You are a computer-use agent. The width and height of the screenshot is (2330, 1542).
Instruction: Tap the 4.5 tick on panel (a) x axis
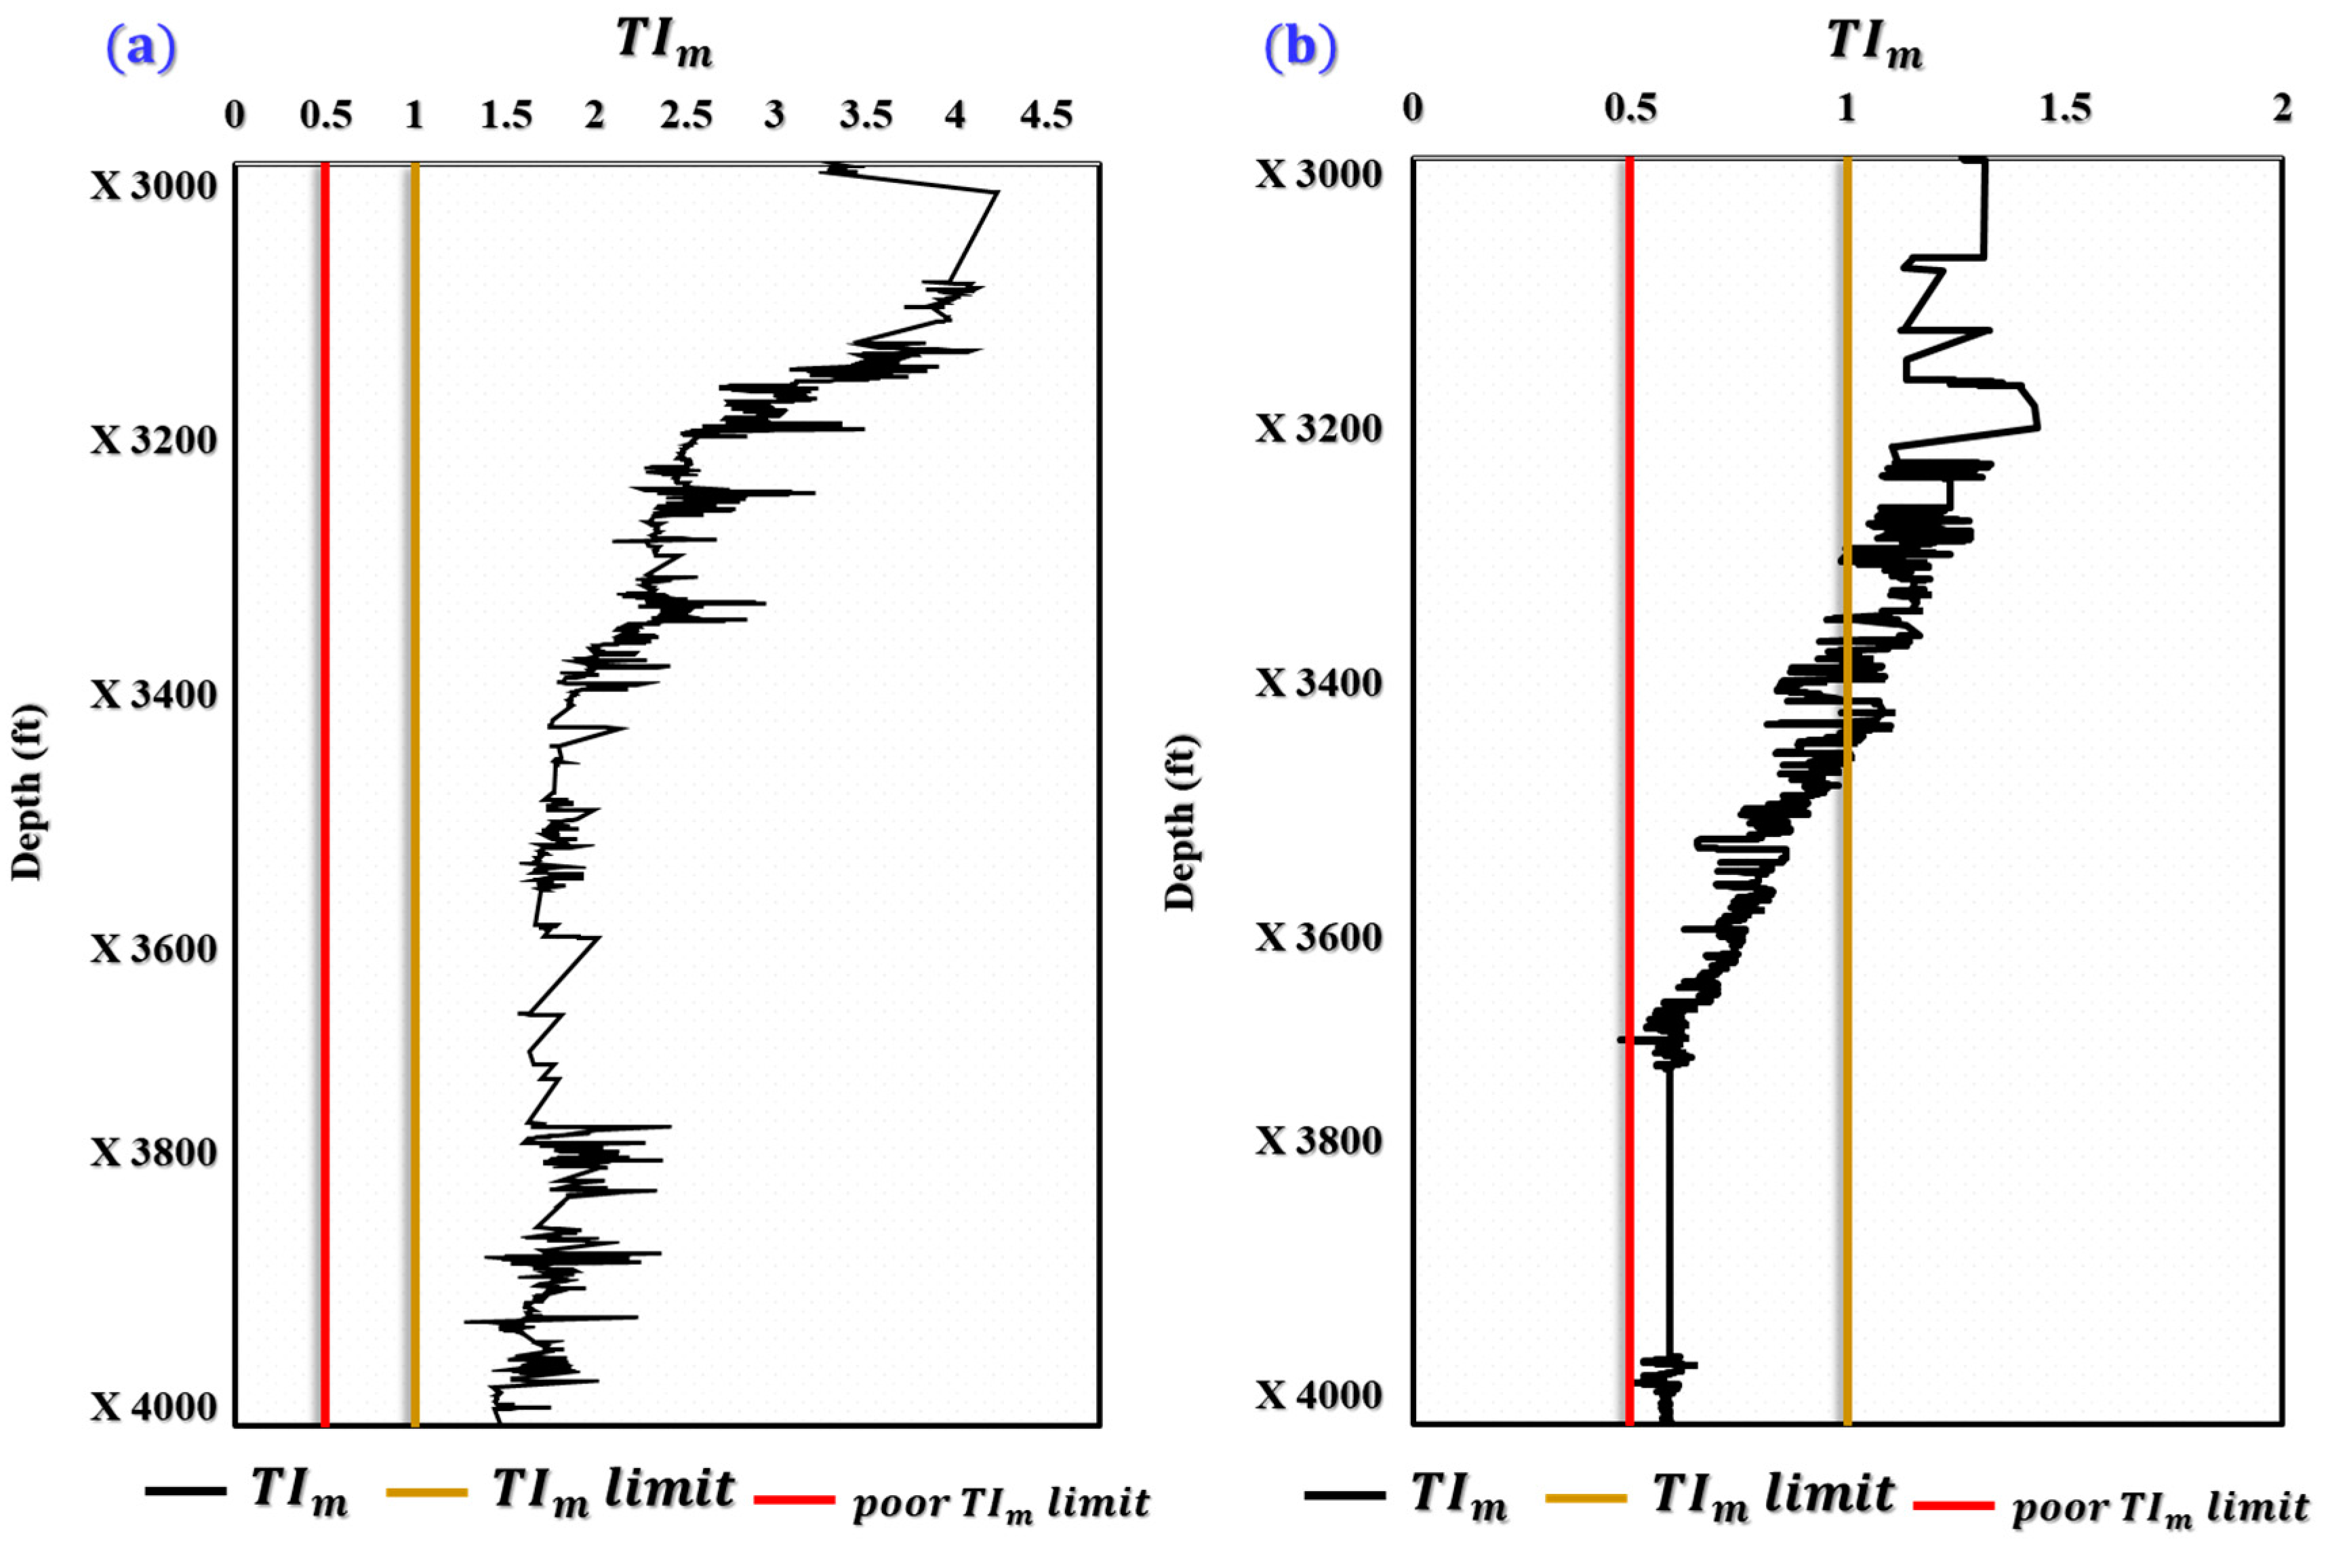click(1045, 116)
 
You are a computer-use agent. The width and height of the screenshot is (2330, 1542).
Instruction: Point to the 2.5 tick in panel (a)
click(685, 116)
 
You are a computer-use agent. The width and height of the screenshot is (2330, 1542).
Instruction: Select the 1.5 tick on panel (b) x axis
click(2064, 108)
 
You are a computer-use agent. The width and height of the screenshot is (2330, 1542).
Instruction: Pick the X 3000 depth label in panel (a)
click(153, 186)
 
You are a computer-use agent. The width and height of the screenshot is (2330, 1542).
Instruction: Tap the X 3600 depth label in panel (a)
click(153, 949)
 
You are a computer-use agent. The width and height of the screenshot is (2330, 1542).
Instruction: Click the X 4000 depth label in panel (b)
click(1318, 1394)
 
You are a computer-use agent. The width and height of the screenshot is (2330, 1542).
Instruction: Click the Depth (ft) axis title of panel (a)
click(28, 792)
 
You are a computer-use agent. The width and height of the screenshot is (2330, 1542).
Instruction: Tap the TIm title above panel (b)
click(1874, 43)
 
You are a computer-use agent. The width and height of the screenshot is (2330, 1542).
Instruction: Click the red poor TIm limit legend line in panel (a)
click(795, 1501)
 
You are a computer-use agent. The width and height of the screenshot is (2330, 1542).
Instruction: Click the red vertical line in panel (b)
click(1630, 787)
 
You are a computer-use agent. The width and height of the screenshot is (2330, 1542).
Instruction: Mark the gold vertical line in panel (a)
click(415, 787)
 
